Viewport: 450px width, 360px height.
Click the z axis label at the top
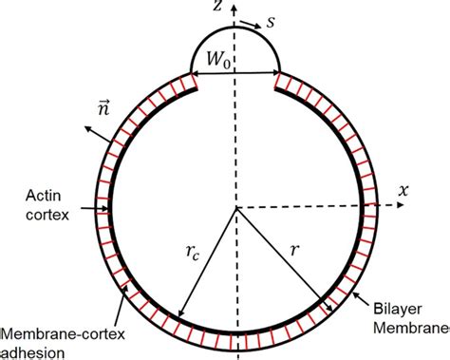[219, 8]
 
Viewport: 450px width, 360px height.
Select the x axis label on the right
[403, 191]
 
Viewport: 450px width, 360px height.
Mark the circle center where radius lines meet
[236, 206]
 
